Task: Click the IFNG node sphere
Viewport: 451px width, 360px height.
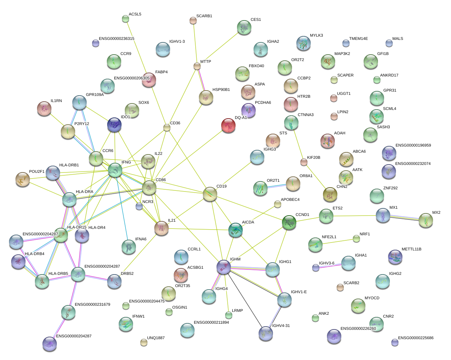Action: [x=115, y=170]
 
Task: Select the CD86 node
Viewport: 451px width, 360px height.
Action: [x=149, y=188]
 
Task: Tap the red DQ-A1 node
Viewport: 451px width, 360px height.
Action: [x=228, y=126]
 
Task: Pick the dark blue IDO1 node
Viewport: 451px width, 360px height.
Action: [x=114, y=125]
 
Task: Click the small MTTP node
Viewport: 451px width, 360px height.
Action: [x=197, y=66]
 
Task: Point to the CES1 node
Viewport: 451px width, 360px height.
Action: [x=244, y=28]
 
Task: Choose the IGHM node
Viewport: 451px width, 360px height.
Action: [x=223, y=267]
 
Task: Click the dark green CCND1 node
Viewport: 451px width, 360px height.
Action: [x=289, y=222]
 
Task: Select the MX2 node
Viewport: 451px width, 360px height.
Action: [x=426, y=220]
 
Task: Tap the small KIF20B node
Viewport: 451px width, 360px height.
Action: [x=304, y=162]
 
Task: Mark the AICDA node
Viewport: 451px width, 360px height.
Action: [x=236, y=230]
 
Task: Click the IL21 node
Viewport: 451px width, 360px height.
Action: [x=161, y=228]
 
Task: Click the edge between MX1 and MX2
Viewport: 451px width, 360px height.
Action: [x=404, y=218]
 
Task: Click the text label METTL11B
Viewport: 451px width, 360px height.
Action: [x=411, y=249]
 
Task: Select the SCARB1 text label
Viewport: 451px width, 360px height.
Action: [x=204, y=16]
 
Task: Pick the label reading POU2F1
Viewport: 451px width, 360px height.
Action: [x=37, y=172]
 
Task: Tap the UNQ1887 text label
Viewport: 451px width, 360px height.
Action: [x=156, y=338]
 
